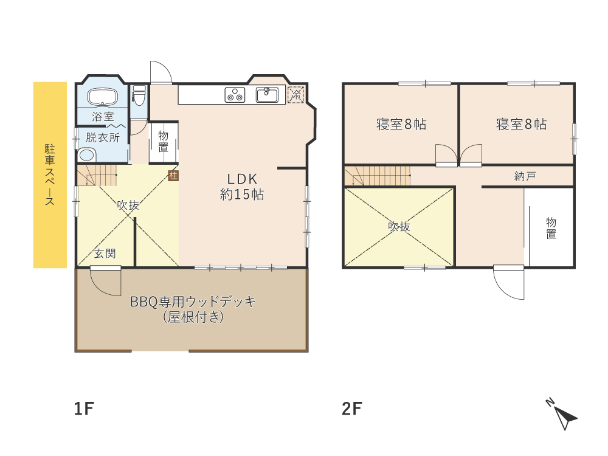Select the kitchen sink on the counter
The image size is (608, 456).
point(267,95)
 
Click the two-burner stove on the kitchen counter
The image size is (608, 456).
point(235,95)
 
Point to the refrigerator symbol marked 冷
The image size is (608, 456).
point(296,95)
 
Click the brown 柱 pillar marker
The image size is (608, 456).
point(173,176)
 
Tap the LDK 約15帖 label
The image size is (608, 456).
point(243,187)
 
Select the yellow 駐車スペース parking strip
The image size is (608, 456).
point(50,175)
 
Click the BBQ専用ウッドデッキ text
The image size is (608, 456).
point(193,302)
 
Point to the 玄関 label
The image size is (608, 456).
point(105,254)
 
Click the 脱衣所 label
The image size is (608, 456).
point(102,137)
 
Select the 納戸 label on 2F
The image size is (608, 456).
point(525,176)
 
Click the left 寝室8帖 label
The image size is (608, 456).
point(401,125)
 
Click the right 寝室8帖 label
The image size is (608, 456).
point(521,125)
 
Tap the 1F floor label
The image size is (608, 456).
point(83,409)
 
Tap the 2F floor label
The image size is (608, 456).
point(351,409)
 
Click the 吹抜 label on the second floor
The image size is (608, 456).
point(399,227)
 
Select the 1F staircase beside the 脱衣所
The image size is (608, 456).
point(97,174)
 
